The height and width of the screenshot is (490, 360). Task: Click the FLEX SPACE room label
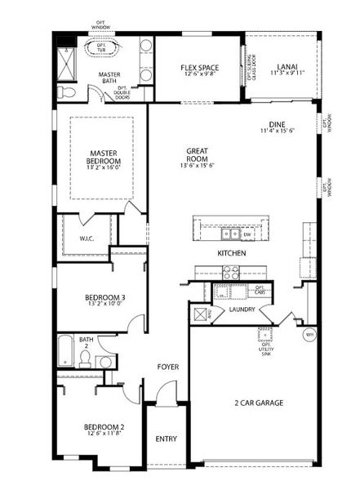pyautogui.click(x=198, y=68)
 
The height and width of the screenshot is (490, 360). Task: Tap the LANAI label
pyautogui.click(x=286, y=68)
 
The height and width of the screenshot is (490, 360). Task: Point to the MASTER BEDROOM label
pyautogui.click(x=104, y=156)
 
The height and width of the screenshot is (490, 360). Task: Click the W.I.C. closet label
pyautogui.click(x=88, y=239)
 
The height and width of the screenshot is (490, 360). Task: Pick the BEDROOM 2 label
pyautogui.click(x=104, y=426)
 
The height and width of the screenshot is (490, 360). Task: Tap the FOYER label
pyautogui.click(x=168, y=367)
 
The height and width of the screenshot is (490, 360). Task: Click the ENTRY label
pyautogui.click(x=166, y=439)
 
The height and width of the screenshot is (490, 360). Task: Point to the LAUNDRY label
pyautogui.click(x=242, y=310)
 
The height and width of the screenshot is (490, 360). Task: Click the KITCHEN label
pyautogui.click(x=232, y=254)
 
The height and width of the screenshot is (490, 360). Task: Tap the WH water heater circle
pyautogui.click(x=309, y=334)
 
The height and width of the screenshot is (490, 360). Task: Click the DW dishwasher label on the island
pyautogui.click(x=246, y=234)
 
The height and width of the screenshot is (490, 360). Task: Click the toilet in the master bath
pyautogui.click(x=69, y=93)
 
